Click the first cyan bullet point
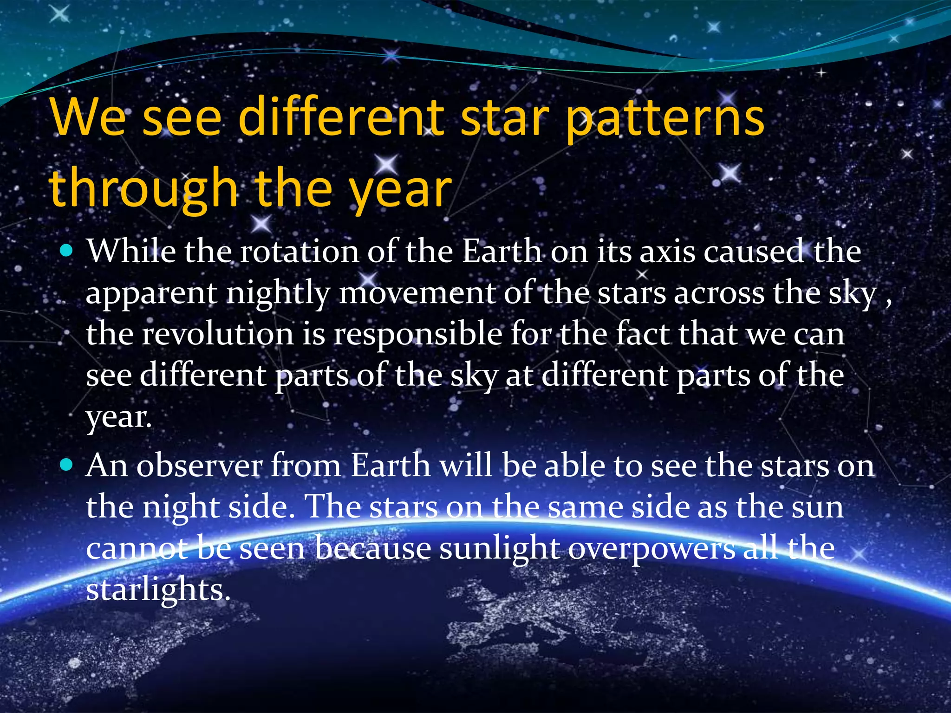coord(67,251)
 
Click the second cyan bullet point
coord(67,465)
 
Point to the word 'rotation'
coord(299,252)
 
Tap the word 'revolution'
coord(217,334)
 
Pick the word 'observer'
coord(199,466)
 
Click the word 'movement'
coord(417,293)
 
